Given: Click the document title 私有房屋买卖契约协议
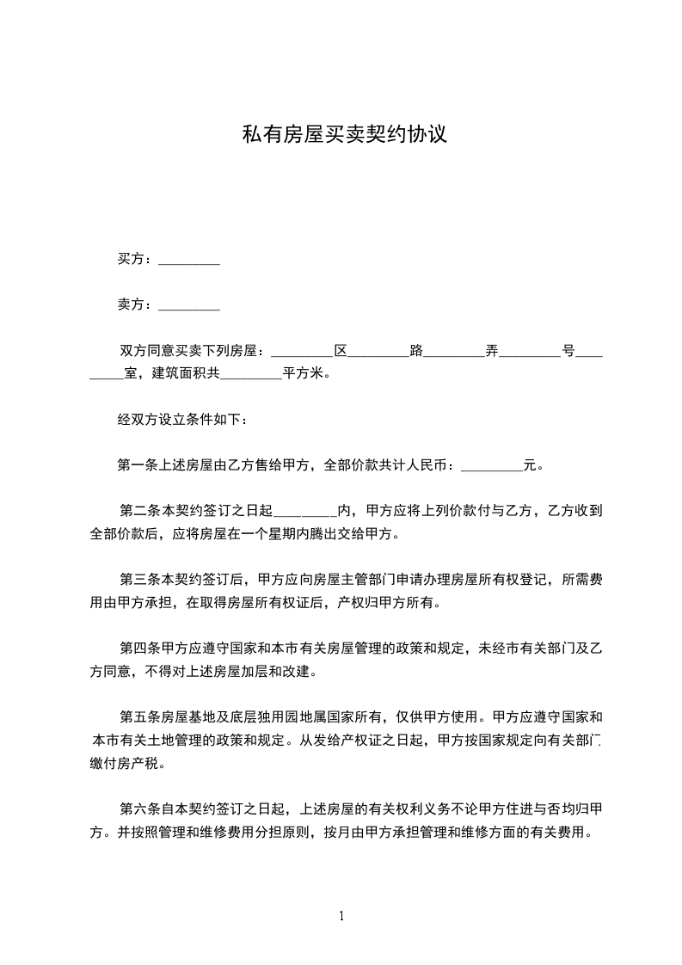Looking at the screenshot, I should tap(344, 135).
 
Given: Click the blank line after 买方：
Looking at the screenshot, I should tap(189, 261).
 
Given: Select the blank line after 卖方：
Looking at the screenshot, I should tap(189, 306).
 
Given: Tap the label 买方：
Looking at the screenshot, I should tap(135, 259).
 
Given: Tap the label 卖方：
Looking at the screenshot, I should tap(135, 304).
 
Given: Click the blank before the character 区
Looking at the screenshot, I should tap(301, 353).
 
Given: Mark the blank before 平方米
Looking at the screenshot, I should tap(251, 375).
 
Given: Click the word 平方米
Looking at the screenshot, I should tap(303, 374).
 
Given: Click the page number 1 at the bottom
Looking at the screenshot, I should tap(341, 917).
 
